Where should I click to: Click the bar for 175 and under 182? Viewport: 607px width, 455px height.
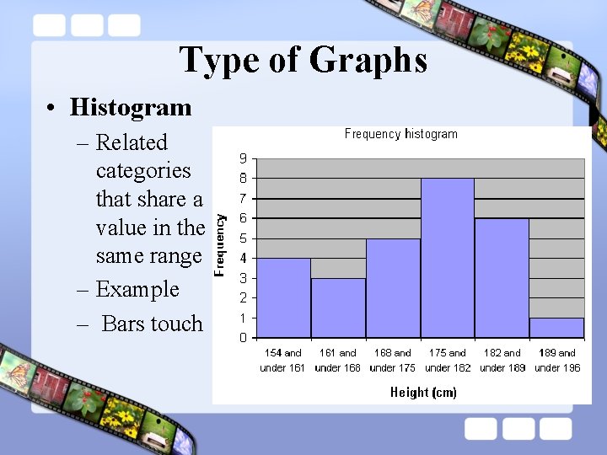coord(447,258)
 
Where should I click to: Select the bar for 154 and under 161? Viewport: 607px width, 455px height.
coord(283,298)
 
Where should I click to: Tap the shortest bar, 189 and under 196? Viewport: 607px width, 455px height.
coord(556,328)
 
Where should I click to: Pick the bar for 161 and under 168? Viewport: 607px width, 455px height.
coord(338,308)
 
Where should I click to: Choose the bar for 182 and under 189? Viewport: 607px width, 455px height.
coord(502,278)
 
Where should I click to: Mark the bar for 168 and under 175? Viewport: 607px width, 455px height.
coord(393,288)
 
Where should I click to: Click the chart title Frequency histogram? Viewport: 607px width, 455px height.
coord(400,134)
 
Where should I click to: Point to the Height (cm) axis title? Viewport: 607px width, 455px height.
coord(423,392)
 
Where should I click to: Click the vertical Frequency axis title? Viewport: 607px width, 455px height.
coord(220,244)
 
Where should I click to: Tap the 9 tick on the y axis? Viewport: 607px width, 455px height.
coord(243,158)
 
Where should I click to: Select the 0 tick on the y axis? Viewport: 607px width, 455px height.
coord(243,338)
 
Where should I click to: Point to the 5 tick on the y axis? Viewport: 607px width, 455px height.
coord(243,238)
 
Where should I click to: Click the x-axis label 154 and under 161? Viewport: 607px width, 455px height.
coord(282,361)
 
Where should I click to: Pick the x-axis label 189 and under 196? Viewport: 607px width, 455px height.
coord(557,361)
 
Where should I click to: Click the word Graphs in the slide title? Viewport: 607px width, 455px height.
coord(368,61)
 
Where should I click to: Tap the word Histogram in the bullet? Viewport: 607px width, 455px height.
coord(131,108)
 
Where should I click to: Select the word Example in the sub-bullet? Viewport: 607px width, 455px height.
coord(137,289)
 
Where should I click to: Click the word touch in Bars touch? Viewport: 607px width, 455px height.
coord(175,324)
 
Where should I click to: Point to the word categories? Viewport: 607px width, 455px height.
coord(143,171)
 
